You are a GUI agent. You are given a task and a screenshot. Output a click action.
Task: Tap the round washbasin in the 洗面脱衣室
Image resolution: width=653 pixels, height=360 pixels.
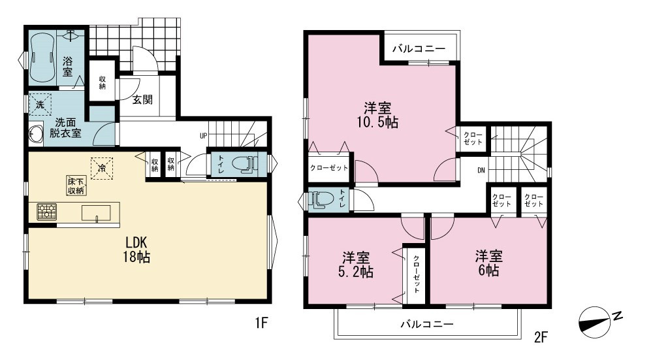[36, 134]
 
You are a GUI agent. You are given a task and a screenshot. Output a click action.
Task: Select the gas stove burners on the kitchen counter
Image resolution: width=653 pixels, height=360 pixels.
[46, 212]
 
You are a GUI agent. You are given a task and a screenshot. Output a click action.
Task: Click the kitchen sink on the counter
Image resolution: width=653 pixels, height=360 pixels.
[97, 214]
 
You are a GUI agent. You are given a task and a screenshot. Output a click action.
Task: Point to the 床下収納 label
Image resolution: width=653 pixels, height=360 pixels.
[76, 186]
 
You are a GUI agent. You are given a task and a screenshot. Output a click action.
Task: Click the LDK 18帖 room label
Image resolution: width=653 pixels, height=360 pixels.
[136, 249]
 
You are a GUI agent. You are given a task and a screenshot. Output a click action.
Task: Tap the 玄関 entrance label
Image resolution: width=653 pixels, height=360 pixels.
[142, 99]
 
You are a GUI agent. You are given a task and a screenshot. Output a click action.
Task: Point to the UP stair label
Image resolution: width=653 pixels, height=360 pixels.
[203, 136]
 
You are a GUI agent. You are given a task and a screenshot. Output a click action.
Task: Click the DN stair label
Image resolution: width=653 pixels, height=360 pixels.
[481, 170]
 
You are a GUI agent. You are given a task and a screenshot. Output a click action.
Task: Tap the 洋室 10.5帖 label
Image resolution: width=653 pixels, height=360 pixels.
[377, 115]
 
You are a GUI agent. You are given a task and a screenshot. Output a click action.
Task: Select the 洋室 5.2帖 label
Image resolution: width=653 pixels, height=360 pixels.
[356, 265]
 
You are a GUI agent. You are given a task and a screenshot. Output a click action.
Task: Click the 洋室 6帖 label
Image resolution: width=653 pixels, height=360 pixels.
[489, 263]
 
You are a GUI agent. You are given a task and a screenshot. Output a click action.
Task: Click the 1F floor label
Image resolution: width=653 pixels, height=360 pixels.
[261, 323]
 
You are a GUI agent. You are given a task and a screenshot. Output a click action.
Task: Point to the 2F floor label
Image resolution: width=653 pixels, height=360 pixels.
[540, 336]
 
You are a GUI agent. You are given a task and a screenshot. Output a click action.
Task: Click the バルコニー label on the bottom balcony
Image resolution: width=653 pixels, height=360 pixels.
[426, 324]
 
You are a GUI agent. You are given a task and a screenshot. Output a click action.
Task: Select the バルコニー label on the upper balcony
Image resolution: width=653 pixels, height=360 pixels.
[419, 48]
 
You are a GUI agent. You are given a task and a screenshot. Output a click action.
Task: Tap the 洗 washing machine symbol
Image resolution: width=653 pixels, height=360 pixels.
[40, 104]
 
